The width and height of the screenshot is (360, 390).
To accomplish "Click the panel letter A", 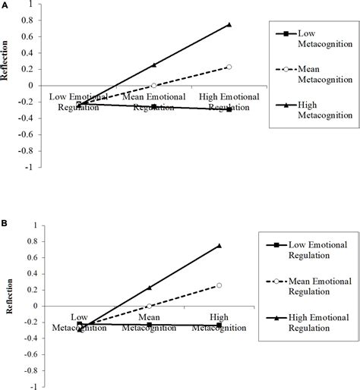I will (5, 5).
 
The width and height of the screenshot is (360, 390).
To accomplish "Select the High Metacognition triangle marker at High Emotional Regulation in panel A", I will (229, 24).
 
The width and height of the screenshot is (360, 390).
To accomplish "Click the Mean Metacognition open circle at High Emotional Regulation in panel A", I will (229, 67).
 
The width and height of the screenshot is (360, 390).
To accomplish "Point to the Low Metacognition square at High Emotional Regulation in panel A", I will (229, 109).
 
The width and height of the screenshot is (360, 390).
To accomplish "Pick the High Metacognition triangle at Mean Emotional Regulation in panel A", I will (154, 65).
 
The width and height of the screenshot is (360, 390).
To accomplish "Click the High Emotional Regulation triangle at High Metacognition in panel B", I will (219, 245).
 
